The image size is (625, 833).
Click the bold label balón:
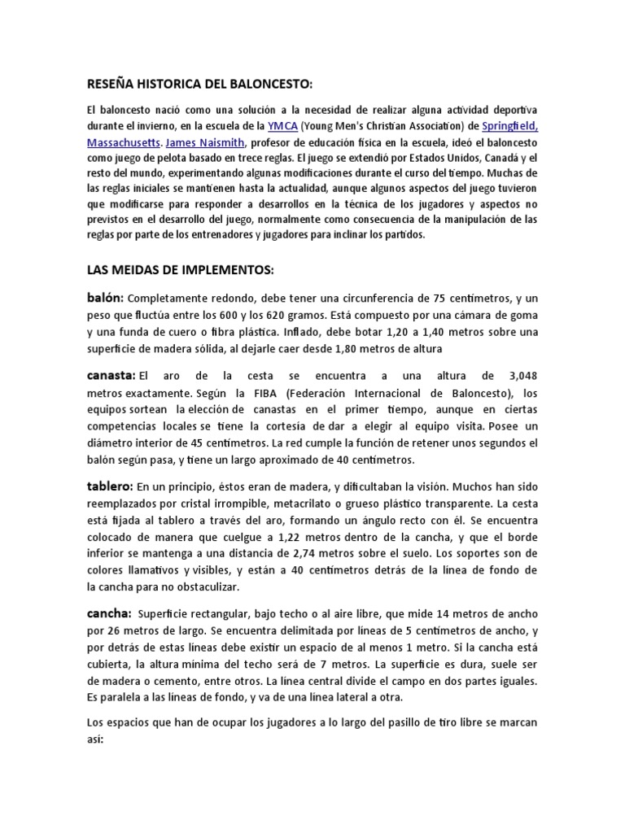(106, 297)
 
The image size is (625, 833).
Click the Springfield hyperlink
(509, 126)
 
